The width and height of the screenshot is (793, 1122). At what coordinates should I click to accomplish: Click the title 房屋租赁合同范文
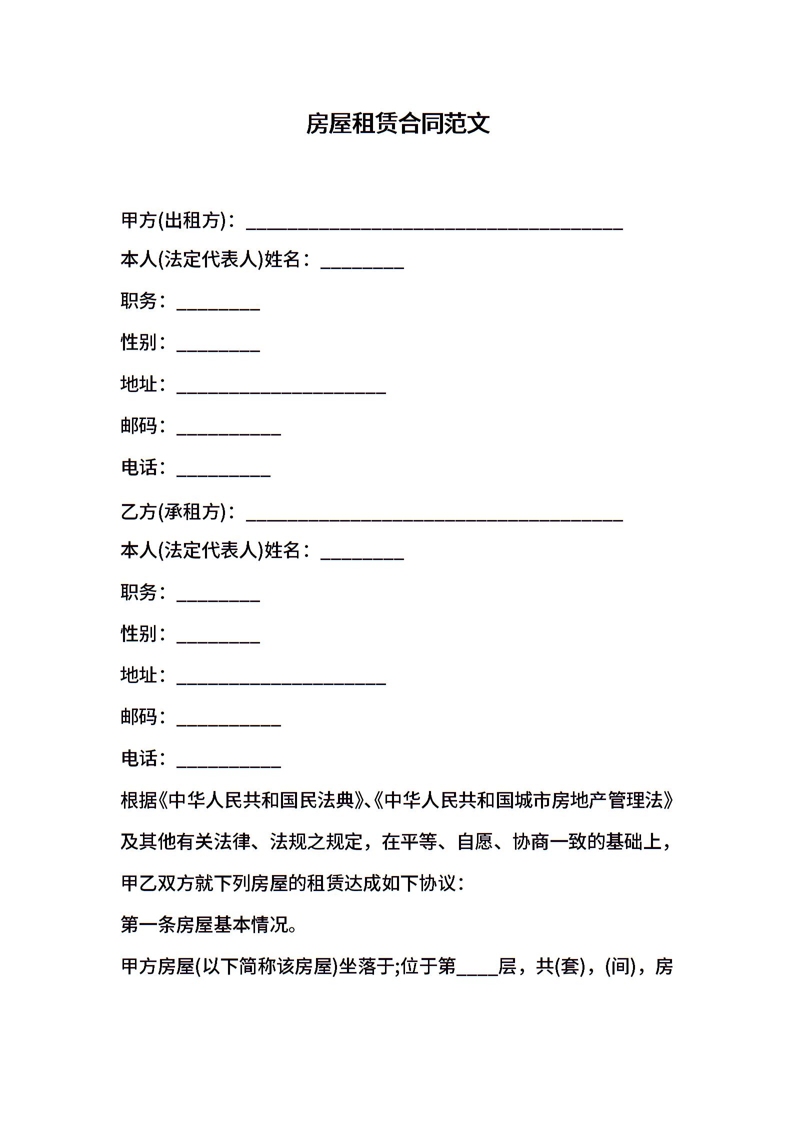coord(397,123)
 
